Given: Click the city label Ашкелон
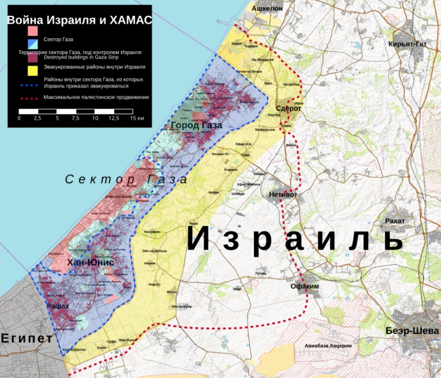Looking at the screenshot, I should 267,9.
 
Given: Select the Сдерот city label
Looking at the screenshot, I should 288,108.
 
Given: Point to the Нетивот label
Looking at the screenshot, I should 283,194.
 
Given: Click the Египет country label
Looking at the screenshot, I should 27,338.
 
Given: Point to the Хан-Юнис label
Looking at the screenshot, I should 90,262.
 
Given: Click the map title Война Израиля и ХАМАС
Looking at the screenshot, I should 79,20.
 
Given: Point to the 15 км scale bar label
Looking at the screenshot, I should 137,118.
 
